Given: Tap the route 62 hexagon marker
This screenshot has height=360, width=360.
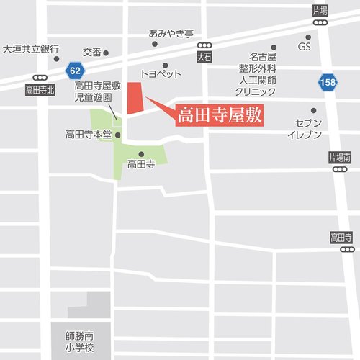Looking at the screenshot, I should pyautogui.click(x=75, y=70).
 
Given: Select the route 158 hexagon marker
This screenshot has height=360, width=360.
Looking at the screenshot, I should pyautogui.click(x=328, y=83).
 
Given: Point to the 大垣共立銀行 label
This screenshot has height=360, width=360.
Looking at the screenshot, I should pyautogui.click(x=30, y=50).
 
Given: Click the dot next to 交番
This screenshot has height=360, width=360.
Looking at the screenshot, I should pyautogui.click(x=106, y=53).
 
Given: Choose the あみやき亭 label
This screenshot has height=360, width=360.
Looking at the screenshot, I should pyautogui.click(x=171, y=33).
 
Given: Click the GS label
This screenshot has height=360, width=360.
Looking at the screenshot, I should pyautogui.click(x=304, y=48).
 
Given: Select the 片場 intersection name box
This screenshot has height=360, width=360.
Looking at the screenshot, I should pyautogui.click(x=320, y=11).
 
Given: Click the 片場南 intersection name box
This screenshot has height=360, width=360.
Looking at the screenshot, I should pyautogui.click(x=339, y=157).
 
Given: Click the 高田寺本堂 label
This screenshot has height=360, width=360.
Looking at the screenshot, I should pyautogui.click(x=88, y=134).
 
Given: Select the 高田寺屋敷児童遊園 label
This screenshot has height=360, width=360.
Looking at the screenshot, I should pyautogui.click(x=97, y=91).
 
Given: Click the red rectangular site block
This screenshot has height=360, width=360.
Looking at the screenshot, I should pyautogui.click(x=134, y=97).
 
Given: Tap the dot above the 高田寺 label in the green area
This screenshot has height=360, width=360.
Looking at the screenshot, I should pyautogui.click(x=141, y=153).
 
